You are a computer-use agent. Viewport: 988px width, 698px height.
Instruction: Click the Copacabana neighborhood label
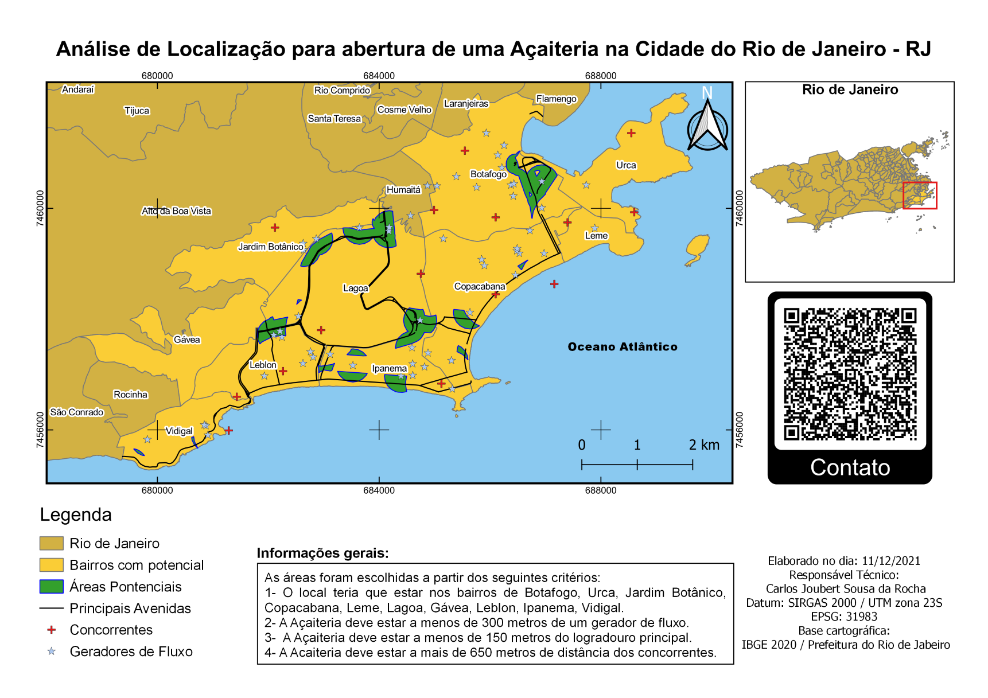click(479, 286)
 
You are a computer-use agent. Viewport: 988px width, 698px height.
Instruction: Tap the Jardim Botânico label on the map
click(270, 247)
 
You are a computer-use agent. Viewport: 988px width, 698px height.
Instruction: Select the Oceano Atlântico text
click(622, 346)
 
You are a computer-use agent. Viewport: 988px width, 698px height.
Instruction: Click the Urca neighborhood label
click(626, 165)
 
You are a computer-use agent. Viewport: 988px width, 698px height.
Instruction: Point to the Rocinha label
click(130, 395)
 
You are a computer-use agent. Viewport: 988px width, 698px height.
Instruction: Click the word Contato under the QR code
click(850, 467)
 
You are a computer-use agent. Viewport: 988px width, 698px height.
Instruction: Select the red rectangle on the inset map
click(920, 196)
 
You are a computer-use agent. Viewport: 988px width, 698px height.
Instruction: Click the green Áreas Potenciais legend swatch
click(51, 587)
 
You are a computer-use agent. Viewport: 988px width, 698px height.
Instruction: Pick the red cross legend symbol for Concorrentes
click(52, 630)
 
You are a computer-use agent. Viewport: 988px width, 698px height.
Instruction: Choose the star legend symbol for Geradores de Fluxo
click(52, 652)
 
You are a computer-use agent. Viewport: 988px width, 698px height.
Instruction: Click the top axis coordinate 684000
click(379, 76)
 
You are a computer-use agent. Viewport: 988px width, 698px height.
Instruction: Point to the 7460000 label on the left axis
click(40, 208)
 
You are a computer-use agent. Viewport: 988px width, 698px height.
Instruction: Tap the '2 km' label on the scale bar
click(703, 445)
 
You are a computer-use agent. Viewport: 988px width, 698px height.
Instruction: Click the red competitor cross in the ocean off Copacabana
click(554, 284)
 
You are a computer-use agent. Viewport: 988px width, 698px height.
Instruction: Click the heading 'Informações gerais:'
click(322, 553)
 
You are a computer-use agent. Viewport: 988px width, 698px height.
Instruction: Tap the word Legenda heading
click(76, 514)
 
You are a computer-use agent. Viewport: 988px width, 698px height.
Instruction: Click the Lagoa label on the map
click(355, 288)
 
